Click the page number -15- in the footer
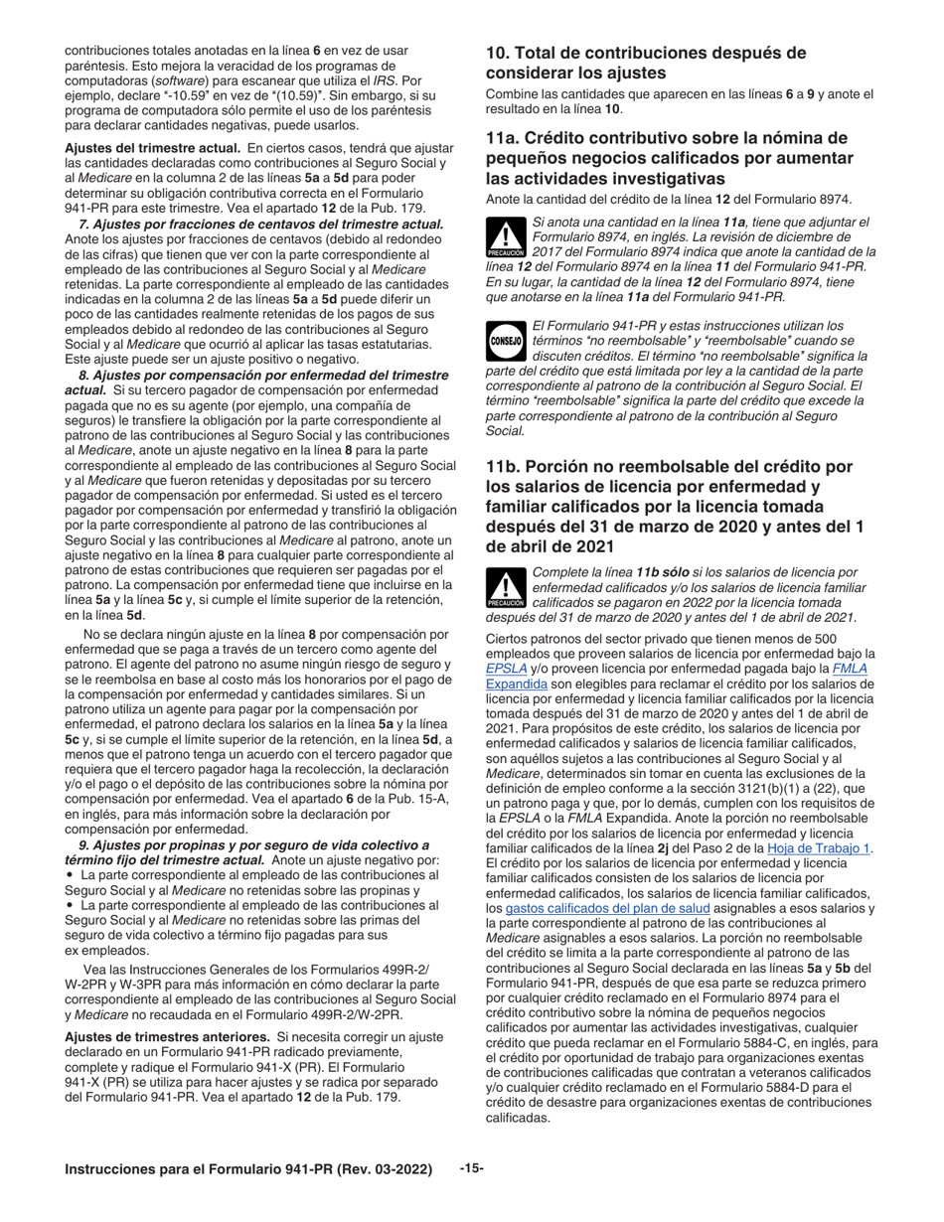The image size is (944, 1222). coord(471,1168)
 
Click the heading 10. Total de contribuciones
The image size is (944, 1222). coord(646,63)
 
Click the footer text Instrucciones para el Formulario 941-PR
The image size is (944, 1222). coord(248,1169)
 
